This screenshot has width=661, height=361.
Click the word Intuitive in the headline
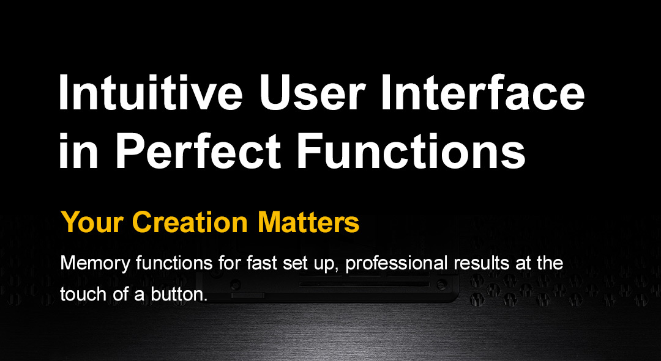[151, 92]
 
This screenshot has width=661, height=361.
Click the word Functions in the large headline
[412, 150]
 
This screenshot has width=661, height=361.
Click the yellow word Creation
[189, 222]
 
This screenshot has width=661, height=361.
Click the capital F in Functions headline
[310, 150]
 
